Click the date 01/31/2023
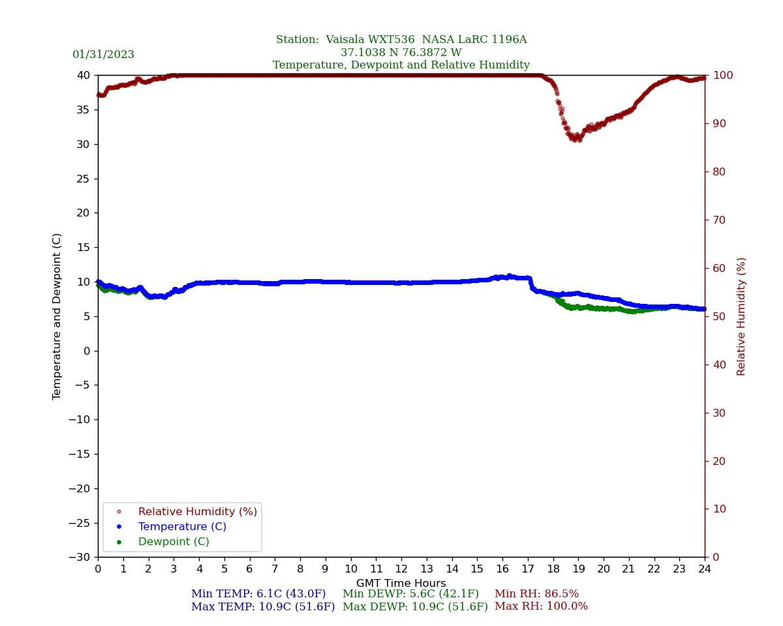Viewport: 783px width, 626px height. [103, 55]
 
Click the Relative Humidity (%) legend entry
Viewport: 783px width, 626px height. [197, 512]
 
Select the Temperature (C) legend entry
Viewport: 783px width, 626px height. [182, 527]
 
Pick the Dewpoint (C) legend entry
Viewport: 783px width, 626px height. [174, 542]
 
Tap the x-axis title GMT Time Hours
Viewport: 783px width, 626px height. [401, 584]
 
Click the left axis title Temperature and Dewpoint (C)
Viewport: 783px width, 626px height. [57, 316]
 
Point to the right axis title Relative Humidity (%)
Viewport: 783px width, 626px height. [741, 316]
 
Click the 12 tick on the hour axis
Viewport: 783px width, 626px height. [401, 569]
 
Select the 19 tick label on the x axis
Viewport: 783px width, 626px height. [578, 569]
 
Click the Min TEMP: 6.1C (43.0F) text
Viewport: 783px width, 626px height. [258, 594]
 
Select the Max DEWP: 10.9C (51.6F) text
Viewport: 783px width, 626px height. [415, 606]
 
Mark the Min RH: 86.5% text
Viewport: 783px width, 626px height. [536, 594]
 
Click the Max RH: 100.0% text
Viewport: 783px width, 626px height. [541, 606]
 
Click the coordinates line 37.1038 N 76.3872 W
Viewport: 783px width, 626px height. [401, 53]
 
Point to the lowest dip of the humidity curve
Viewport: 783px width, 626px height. [576, 140]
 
